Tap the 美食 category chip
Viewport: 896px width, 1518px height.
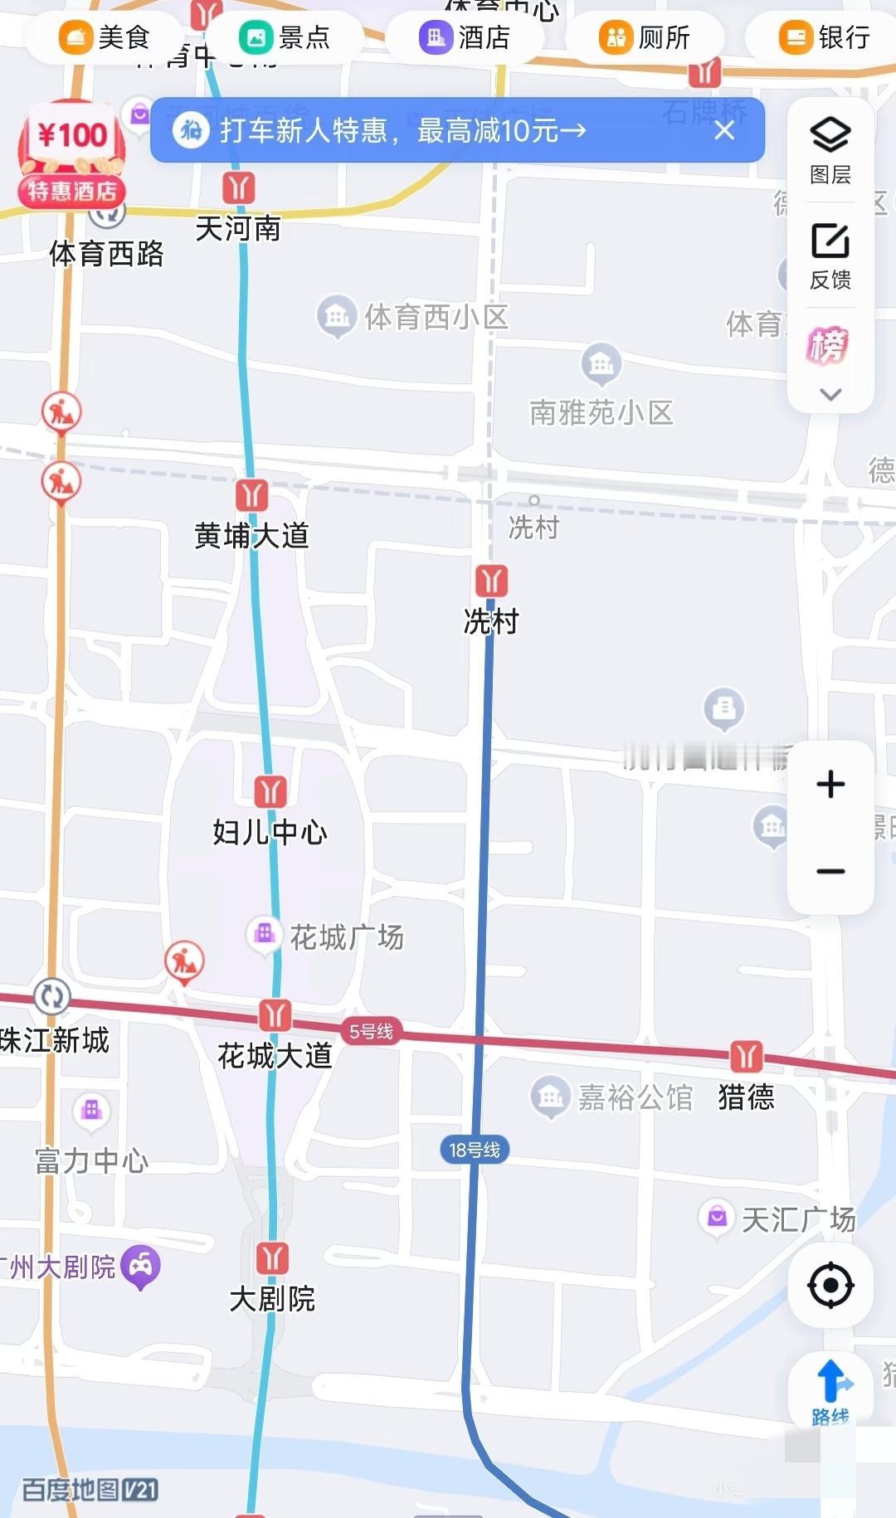104,37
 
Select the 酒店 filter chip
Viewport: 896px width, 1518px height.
465,37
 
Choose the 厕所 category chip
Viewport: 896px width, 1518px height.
645,37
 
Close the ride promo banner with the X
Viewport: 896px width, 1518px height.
724,130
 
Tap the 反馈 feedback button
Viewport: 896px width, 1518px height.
830,255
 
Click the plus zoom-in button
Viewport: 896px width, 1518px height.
830,784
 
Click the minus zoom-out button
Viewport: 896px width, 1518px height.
830,871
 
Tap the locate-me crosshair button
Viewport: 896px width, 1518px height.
830,1286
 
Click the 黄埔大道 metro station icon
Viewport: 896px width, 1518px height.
251,495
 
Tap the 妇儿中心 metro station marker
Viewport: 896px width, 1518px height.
270,791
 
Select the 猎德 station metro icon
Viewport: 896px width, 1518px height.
746,1056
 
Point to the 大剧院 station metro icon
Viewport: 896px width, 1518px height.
272,1258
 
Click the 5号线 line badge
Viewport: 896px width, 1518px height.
371,1031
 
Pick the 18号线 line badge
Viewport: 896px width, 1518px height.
475,1150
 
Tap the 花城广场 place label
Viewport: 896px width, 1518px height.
346,937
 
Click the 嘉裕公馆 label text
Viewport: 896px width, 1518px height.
635,1097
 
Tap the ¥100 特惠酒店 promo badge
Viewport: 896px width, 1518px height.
72,153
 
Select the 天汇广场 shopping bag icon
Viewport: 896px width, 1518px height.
717,1217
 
